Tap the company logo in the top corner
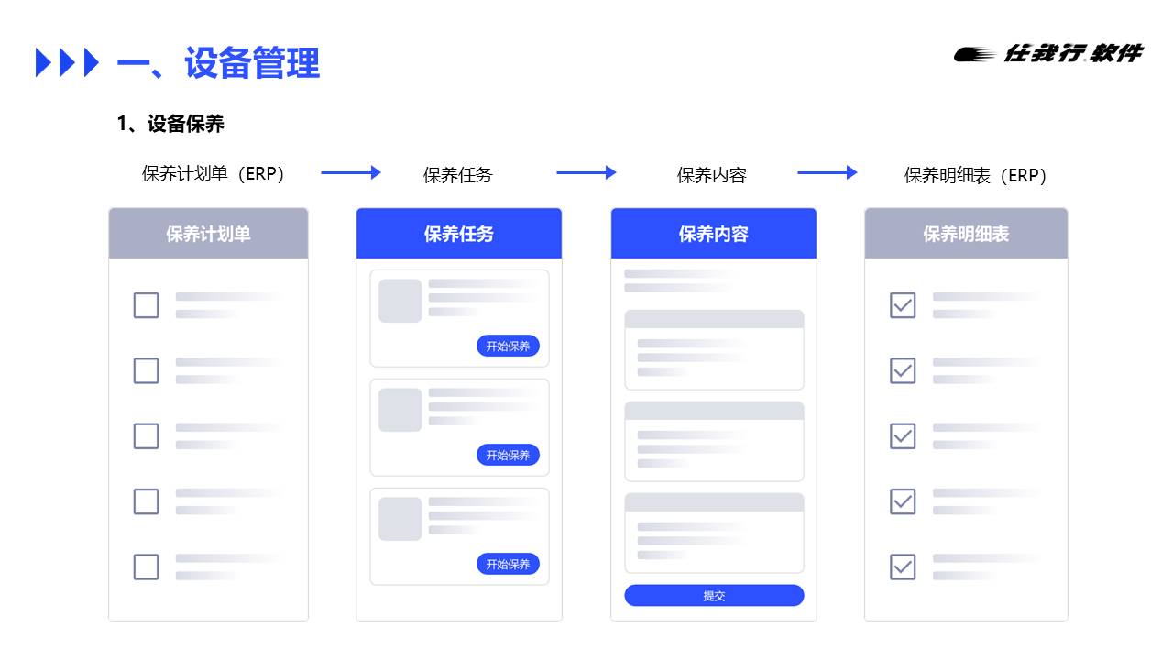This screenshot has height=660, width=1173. click(x=1048, y=54)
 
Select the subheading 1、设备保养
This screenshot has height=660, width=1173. click(x=170, y=124)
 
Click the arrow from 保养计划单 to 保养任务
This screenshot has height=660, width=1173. click(x=350, y=172)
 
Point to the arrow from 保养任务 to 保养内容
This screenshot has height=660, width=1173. click(x=586, y=172)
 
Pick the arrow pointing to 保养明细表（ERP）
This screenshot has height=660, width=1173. click(x=827, y=172)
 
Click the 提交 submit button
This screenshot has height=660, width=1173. click(x=714, y=596)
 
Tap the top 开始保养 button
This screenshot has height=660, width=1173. click(x=508, y=346)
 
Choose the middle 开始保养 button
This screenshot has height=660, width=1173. click(x=508, y=455)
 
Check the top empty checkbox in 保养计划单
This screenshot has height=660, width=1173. click(x=146, y=305)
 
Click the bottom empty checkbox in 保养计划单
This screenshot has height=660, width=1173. click(x=146, y=566)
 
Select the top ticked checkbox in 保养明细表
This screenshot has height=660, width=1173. click(x=903, y=305)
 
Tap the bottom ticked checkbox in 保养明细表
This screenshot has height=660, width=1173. click(x=903, y=566)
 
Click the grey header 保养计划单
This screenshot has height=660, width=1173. click(x=208, y=234)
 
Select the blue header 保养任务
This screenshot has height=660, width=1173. click(x=458, y=234)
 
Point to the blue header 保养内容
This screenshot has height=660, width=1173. click(x=713, y=234)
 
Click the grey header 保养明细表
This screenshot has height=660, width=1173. click(x=966, y=234)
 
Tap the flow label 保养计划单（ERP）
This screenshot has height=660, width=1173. click(x=214, y=174)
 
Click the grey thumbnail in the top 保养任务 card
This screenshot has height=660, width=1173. click(x=400, y=301)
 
